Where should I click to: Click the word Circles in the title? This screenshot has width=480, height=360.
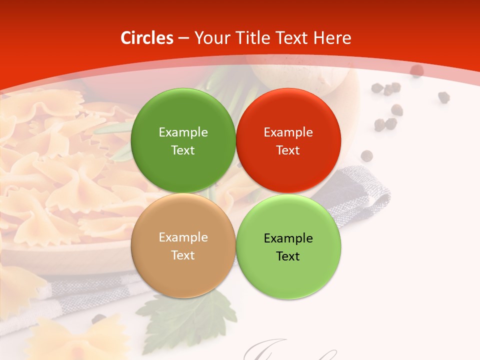[146, 38]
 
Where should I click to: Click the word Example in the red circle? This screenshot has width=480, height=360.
[288, 132]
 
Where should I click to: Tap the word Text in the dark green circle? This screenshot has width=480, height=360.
[183, 150]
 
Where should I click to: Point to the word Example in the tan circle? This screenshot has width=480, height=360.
[183, 237]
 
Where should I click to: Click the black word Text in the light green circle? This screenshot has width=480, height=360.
[288, 256]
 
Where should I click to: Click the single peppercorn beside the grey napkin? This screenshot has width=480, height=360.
[367, 155]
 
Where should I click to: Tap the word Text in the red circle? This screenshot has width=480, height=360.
[288, 150]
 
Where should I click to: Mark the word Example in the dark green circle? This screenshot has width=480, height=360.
[183, 132]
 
